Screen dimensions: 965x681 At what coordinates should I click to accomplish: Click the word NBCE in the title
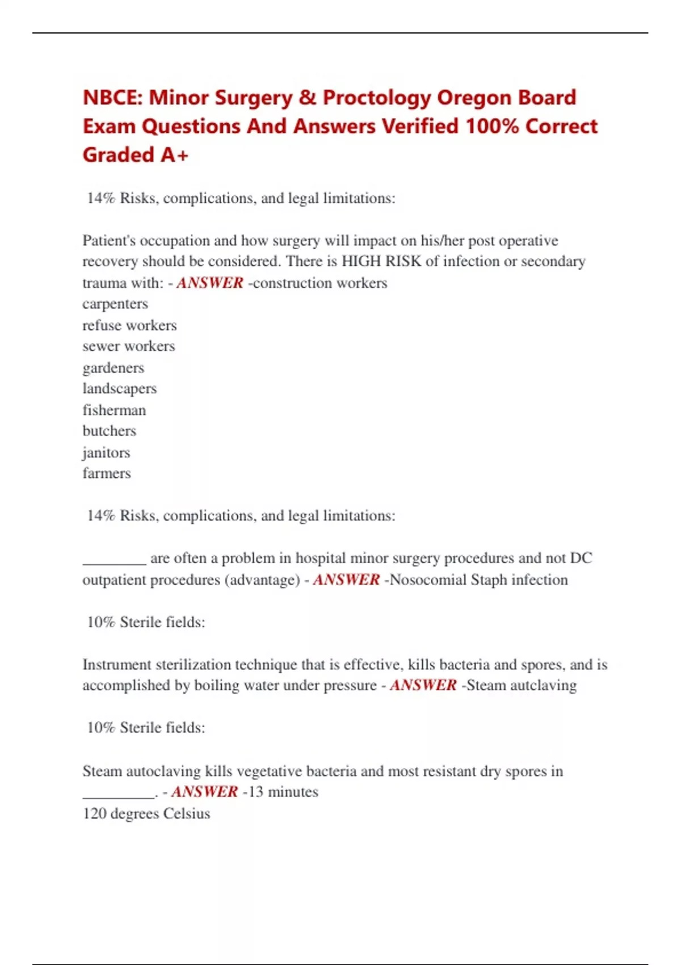click(x=111, y=98)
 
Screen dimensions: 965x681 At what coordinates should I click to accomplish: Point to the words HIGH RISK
click(x=381, y=261)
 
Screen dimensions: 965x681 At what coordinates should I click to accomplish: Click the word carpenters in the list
click(x=115, y=304)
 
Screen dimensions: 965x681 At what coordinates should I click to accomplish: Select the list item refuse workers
click(x=129, y=325)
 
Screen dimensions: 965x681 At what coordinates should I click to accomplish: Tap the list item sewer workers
click(x=129, y=346)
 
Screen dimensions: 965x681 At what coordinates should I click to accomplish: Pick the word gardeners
click(x=113, y=368)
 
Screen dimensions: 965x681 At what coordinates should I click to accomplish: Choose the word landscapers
click(x=120, y=389)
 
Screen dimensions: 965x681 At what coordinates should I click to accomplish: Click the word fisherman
click(x=114, y=410)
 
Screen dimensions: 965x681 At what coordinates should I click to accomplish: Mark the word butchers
click(x=110, y=431)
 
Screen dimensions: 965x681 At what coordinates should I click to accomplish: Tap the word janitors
click(x=106, y=452)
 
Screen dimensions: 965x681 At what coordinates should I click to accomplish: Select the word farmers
click(x=107, y=473)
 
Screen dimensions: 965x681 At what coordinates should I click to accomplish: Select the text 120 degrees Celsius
click(x=146, y=813)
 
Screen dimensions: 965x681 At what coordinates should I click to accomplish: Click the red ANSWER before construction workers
click(x=210, y=283)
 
